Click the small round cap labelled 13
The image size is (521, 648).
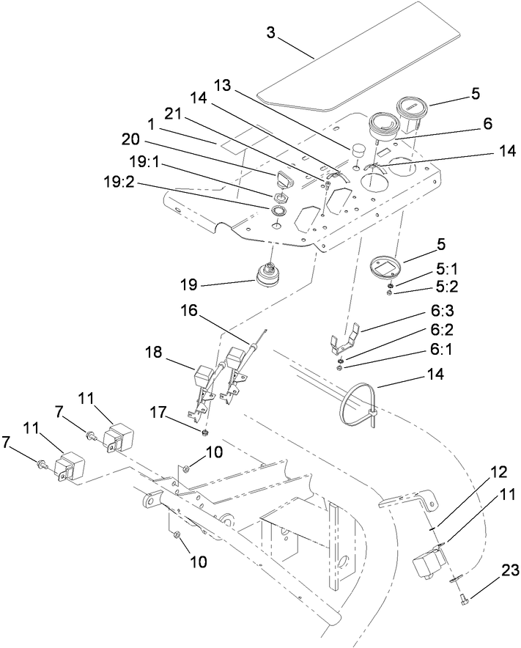click(x=357, y=150)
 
